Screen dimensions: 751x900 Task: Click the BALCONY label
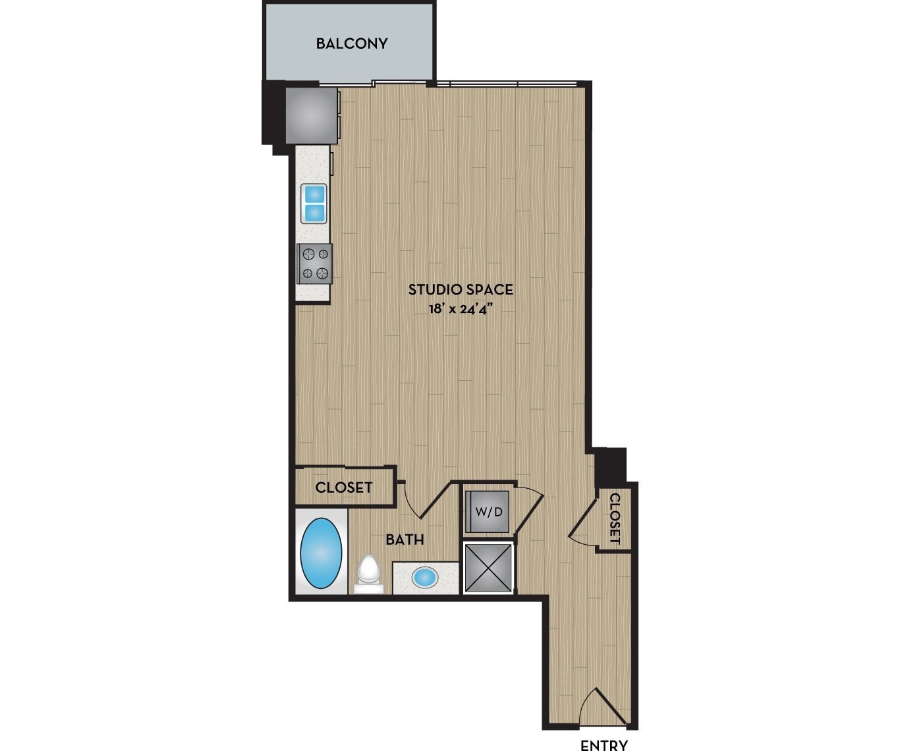[x=351, y=43]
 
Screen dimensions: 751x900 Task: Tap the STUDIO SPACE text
[x=461, y=289]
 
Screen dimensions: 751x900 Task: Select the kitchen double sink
[x=314, y=204]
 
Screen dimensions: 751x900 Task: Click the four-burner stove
[x=314, y=263]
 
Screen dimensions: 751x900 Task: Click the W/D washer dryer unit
[x=488, y=511]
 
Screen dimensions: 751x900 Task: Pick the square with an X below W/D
[x=488, y=567]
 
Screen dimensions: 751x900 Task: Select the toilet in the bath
[x=368, y=572]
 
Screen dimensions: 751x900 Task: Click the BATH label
[x=405, y=540]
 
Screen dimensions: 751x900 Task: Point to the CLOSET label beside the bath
[x=343, y=487]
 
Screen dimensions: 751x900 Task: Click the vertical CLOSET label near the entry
[x=615, y=518]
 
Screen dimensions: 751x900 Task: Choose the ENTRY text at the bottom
[x=604, y=744]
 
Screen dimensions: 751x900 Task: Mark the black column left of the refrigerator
[x=273, y=113]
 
